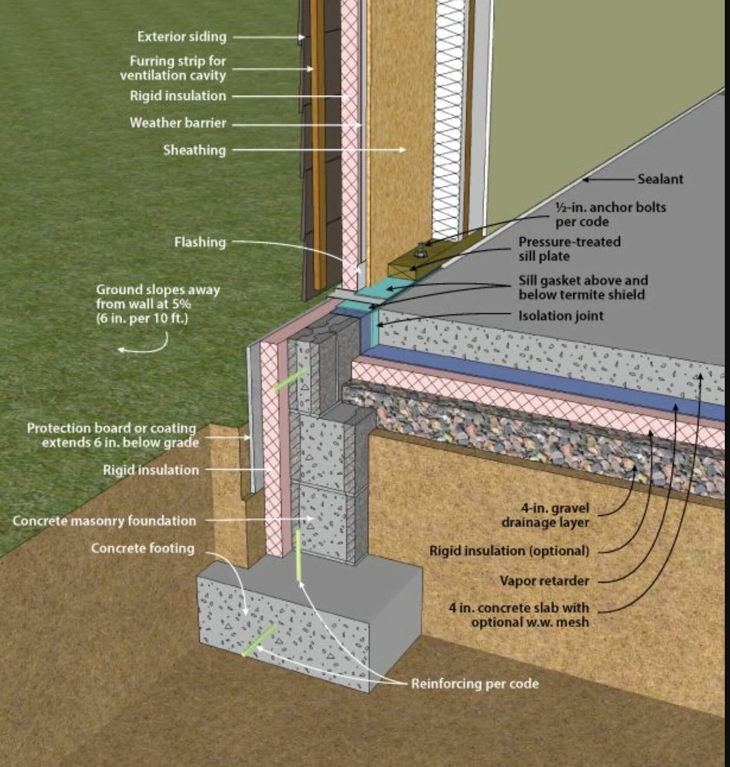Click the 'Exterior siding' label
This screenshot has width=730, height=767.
(182, 37)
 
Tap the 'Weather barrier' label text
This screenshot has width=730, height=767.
(178, 123)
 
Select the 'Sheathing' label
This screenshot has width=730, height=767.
(194, 150)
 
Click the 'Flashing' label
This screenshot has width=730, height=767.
(200, 242)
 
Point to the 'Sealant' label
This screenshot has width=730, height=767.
(660, 179)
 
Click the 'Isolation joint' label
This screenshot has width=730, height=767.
(561, 316)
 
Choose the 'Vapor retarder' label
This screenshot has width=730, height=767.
(544, 581)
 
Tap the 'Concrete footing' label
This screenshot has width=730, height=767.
(142, 548)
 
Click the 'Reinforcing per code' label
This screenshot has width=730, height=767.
(475, 684)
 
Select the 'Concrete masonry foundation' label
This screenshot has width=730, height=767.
(104, 521)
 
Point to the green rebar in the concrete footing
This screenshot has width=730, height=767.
(259, 639)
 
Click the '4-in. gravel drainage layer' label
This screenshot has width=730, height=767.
(545, 515)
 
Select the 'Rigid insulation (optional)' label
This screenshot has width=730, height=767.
(509, 551)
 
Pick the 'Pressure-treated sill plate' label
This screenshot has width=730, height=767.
(569, 249)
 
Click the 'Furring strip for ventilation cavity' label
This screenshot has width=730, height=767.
(174, 68)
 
